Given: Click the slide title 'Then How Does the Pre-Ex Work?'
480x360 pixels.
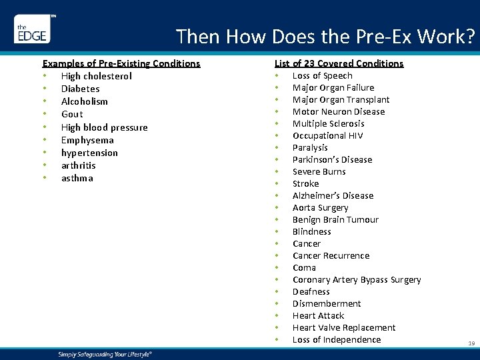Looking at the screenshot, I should point(325,37).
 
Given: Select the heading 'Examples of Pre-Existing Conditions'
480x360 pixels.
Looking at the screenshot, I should point(121,63).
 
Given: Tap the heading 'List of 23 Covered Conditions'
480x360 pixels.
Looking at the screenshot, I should point(339,63).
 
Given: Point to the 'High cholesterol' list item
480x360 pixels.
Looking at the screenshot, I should point(97,76).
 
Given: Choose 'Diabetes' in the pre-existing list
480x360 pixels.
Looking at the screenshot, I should point(81,89).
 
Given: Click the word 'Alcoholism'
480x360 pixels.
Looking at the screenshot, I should point(85,101).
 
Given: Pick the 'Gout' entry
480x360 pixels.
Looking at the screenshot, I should point(72,114).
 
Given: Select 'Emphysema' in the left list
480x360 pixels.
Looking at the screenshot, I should point(87,140).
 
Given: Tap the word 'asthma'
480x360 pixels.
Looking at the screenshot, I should point(77,178).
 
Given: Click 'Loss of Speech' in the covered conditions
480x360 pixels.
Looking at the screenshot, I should point(322,75).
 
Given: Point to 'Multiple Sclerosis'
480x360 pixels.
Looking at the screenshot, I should point(328,123).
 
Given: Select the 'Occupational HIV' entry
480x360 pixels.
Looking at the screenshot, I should point(327,135).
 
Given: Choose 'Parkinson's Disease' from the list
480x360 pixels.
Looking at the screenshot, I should point(332,159).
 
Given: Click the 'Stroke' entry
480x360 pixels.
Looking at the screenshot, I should point(305,183).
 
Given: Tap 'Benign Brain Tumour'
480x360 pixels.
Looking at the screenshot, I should point(335,219).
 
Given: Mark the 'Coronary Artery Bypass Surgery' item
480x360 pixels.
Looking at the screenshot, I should point(357,279).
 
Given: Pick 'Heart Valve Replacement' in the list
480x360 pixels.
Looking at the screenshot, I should point(344,327).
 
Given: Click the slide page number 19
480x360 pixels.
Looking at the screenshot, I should point(471,343).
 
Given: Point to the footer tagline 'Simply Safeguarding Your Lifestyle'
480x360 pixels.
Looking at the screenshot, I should point(105,354).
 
